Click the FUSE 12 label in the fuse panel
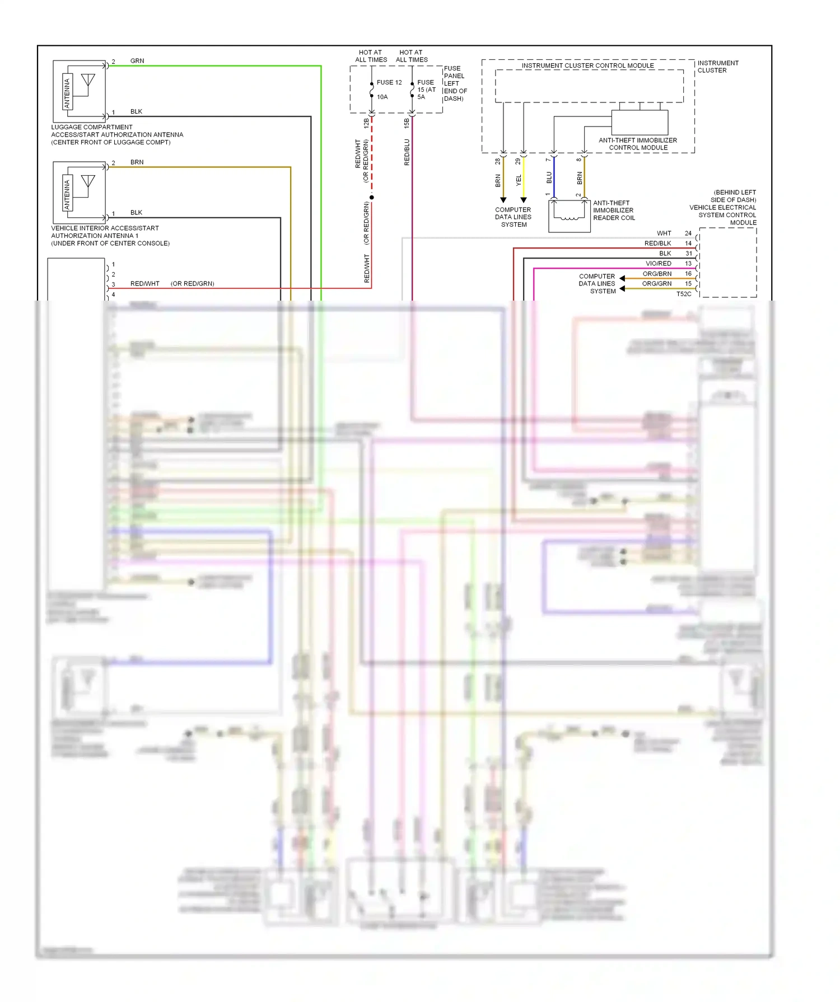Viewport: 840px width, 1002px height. (389, 82)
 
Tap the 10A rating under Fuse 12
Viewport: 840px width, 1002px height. (382, 97)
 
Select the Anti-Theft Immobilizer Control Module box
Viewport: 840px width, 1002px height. (640, 122)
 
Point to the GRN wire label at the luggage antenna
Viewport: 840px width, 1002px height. (137, 61)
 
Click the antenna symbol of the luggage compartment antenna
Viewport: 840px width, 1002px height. (88, 82)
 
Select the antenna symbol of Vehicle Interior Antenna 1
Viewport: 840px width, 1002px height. (88, 182)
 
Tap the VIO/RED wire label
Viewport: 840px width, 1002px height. (659, 264)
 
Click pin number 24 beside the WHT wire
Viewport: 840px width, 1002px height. (688, 233)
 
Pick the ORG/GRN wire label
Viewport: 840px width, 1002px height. (657, 284)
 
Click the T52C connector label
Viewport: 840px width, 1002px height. (684, 294)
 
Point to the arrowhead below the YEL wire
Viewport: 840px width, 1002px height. (524, 200)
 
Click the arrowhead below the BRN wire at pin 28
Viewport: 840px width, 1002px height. (503, 200)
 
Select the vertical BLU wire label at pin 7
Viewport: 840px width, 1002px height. (549, 177)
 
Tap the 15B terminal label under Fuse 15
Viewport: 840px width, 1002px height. (407, 123)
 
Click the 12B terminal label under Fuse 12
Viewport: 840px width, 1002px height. (367, 123)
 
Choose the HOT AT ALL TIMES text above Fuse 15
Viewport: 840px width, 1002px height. (412, 56)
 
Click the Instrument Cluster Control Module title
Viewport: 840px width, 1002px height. (587, 65)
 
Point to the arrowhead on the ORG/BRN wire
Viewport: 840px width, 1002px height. (622, 278)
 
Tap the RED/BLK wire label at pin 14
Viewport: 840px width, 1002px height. (657, 244)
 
